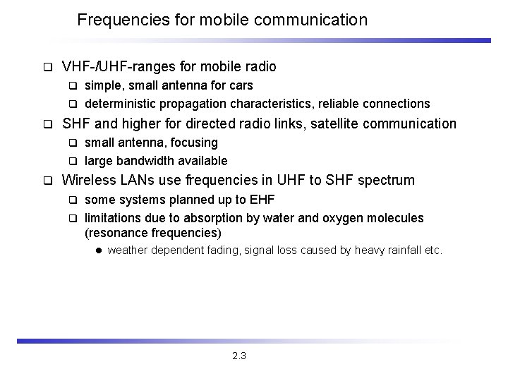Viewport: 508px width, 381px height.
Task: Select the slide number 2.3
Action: point(238,356)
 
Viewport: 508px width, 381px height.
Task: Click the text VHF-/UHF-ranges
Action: point(118,67)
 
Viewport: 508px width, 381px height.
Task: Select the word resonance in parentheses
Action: point(118,233)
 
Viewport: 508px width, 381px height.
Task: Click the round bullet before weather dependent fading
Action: point(99,250)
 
